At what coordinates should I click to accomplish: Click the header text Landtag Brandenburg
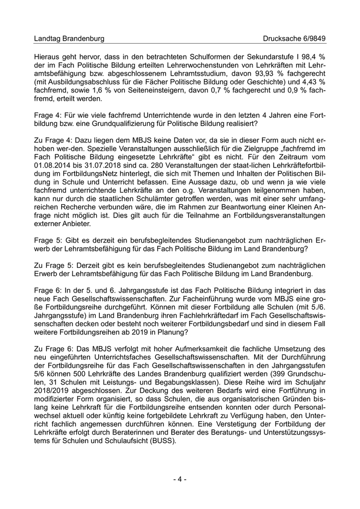click(69, 39)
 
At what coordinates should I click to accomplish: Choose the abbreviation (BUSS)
click(163, 440)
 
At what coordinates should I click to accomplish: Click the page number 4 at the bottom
click(179, 479)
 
